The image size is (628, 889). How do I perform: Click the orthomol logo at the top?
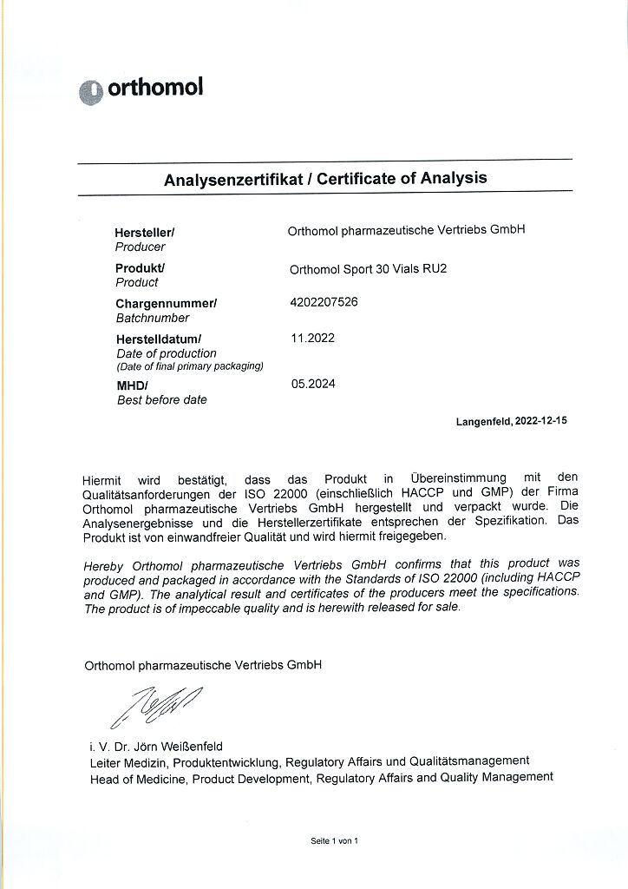[x=141, y=89]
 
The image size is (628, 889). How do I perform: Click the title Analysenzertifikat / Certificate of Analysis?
[x=325, y=179]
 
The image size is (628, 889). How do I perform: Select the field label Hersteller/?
[x=145, y=233]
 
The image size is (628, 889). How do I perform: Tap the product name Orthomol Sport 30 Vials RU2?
[x=368, y=268]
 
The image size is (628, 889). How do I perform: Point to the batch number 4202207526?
[x=323, y=302]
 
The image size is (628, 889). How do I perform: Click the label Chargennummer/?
[x=166, y=304]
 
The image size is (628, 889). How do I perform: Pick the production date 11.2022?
[x=312, y=338]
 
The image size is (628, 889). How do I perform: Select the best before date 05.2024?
[x=313, y=383]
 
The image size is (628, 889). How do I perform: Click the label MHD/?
[x=132, y=385]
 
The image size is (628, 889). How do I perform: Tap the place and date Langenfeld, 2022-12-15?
[x=511, y=421]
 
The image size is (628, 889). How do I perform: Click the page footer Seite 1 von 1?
[x=334, y=841]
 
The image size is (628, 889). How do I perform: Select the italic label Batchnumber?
[x=152, y=318]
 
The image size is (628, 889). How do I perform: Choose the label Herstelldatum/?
[x=158, y=339]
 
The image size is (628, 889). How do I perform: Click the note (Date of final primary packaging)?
[x=190, y=365]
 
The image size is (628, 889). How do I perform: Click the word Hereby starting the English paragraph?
[x=104, y=564]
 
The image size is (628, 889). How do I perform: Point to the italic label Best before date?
[x=161, y=400]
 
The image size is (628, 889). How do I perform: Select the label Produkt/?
[x=140, y=268]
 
